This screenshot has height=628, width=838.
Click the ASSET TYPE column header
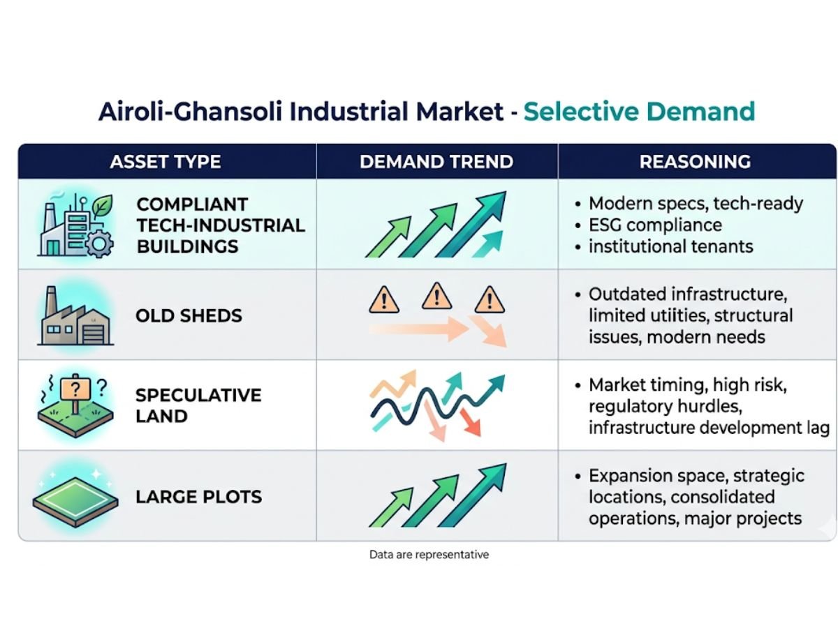coord(166,162)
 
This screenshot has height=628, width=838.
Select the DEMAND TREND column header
coord(436,162)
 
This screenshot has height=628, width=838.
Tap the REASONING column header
coord(695,162)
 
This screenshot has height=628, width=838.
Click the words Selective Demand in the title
coord(639,112)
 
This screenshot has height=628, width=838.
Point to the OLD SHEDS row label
coord(189,315)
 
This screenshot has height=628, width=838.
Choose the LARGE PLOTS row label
coord(198,497)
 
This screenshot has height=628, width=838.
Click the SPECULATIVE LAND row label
coord(198,405)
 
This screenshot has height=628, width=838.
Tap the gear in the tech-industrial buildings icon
coord(99,244)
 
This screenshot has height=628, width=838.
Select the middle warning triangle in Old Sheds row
coord(436,297)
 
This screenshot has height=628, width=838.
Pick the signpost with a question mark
coord(75,393)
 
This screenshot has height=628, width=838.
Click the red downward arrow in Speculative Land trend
coord(471,422)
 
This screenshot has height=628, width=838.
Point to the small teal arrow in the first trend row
coord(487,244)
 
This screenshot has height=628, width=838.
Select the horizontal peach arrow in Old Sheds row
coord(419,329)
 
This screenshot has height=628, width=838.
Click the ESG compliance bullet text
coord(655,225)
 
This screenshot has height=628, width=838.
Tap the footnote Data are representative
coord(429,555)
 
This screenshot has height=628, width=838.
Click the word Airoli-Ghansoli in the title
coord(190,112)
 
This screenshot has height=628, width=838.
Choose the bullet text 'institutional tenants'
coord(671,246)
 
